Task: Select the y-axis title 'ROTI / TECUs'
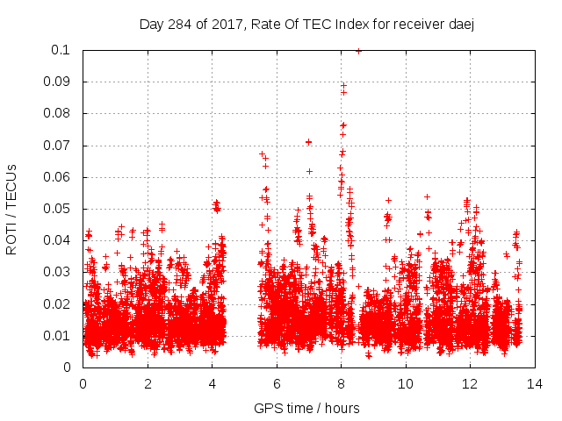pyautogui.click(x=11, y=209)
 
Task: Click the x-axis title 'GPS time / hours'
pyautogui.click(x=306, y=408)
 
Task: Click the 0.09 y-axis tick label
pyautogui.click(x=60, y=82)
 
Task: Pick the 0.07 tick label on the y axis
pyautogui.click(x=60, y=146)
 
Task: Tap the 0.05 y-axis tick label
pyautogui.click(x=60, y=209)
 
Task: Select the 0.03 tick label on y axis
pyautogui.click(x=60, y=272)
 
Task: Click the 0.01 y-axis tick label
pyautogui.click(x=60, y=336)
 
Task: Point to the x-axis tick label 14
pyautogui.click(x=534, y=383)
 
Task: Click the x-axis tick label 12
pyautogui.click(x=470, y=383)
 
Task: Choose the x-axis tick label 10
pyautogui.click(x=406, y=383)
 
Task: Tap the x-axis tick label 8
pyautogui.click(x=341, y=383)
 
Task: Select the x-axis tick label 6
pyautogui.click(x=277, y=383)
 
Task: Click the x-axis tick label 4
pyautogui.click(x=212, y=383)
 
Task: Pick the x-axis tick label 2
pyautogui.click(x=148, y=383)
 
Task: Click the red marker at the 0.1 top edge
pyautogui.click(x=358, y=51)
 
